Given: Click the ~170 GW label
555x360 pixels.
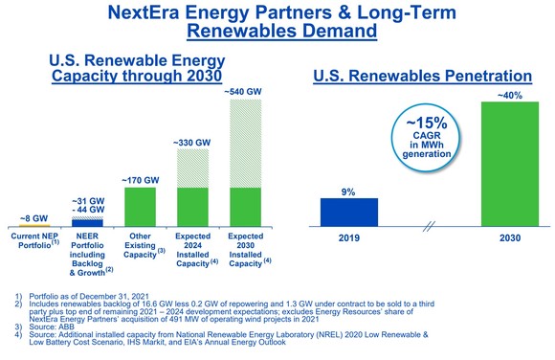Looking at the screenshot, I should coord(141,179).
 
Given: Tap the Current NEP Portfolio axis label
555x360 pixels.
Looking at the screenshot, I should coord(36,240).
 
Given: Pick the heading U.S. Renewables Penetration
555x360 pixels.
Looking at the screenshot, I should coord(423,74).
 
